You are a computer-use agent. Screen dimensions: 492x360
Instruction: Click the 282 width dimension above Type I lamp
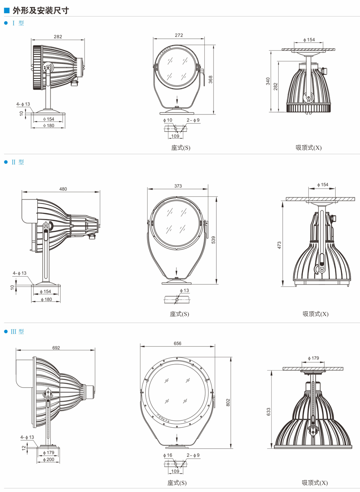58,36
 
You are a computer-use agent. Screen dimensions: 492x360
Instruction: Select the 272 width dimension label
179,35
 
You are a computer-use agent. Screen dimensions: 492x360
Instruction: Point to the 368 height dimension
210,80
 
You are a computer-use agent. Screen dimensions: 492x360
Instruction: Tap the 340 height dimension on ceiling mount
268,81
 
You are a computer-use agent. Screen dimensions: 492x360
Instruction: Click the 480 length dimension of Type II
63,189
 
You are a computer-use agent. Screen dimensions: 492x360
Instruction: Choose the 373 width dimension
178,186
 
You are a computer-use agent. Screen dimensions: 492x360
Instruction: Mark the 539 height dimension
213,240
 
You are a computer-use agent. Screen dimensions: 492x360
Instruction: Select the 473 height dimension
279,245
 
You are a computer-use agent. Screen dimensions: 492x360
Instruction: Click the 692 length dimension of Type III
56,347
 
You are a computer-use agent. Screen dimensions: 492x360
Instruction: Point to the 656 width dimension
178,344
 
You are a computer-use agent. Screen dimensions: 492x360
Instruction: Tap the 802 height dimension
228,402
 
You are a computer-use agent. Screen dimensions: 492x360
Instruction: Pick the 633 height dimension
268,412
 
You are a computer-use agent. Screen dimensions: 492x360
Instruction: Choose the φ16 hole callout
167,455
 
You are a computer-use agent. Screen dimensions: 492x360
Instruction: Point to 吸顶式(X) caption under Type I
308,148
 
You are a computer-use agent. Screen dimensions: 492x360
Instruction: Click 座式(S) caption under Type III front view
177,483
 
